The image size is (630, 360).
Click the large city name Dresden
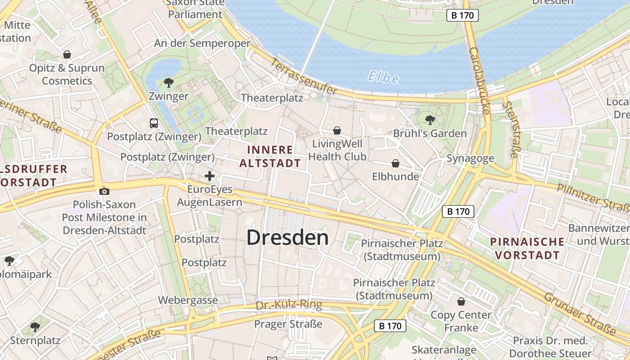tap(288, 238)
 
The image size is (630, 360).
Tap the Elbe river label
tap(383, 77)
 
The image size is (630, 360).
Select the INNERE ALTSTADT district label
tap(270, 156)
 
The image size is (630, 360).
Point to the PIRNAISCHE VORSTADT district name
tap(527, 248)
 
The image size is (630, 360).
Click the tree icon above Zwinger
tap(169, 82)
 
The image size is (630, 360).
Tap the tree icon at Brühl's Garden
tap(430, 120)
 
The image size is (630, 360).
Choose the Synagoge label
tap(470, 158)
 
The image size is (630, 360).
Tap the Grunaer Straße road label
tap(580, 314)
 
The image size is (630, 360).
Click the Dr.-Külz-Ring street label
tap(289, 305)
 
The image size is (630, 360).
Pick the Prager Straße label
tap(288, 324)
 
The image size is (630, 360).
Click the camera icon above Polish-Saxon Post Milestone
tap(104, 191)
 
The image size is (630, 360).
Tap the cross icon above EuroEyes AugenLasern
tap(210, 176)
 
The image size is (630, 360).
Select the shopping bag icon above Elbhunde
tap(396, 163)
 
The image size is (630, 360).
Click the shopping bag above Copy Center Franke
tap(461, 301)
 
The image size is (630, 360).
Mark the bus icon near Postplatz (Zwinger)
tap(154, 123)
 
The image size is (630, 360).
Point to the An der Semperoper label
tap(202, 43)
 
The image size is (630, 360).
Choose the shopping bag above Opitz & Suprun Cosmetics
tap(67, 54)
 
